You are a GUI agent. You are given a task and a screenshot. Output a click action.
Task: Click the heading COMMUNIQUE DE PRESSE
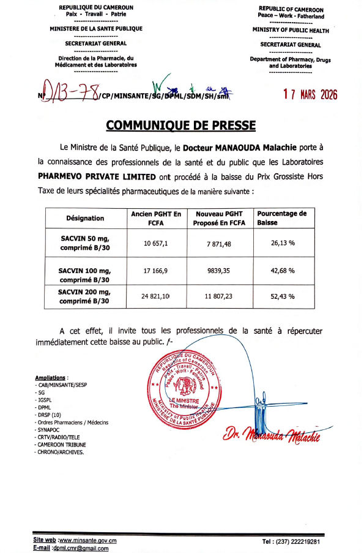(181, 126)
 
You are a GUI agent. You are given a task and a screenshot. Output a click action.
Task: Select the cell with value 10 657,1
(155, 243)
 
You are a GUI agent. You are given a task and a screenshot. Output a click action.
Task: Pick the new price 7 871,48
(219, 243)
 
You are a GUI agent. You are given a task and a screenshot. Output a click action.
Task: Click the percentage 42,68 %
(283, 270)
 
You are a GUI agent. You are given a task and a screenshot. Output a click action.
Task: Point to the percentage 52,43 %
(283, 296)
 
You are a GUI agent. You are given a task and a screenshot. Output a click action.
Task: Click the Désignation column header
(85, 218)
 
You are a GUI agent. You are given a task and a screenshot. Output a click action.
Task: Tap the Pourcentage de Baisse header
(282, 218)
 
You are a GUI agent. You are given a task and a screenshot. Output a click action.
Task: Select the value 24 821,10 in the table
(155, 296)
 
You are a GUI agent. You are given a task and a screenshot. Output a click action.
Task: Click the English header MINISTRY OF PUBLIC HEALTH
(291, 30)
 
